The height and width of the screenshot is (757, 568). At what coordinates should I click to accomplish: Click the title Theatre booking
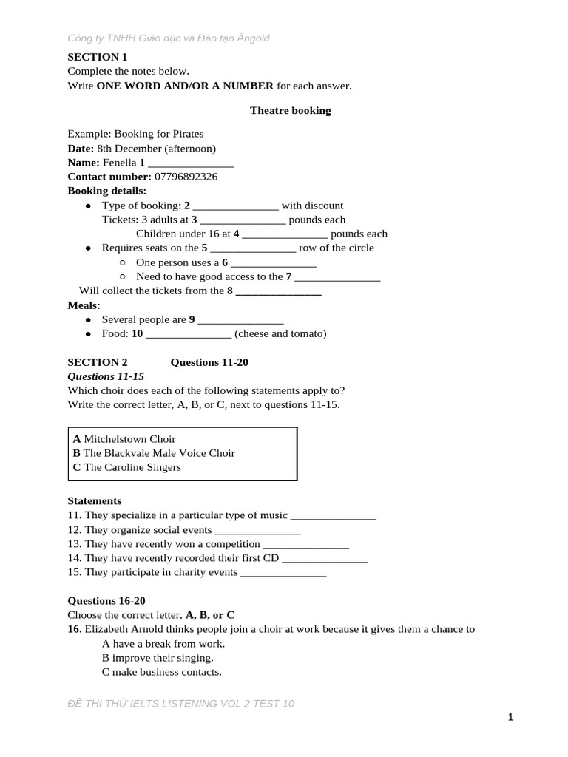pos(290,111)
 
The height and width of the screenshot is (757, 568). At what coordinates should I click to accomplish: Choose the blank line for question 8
pos(278,292)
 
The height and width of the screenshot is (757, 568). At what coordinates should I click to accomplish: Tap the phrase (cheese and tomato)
pos(280,334)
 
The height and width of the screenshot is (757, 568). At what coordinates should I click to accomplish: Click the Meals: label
pos(84,305)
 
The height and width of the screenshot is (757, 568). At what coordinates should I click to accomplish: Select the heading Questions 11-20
pos(209,362)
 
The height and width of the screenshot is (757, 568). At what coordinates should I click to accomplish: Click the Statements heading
pos(95,501)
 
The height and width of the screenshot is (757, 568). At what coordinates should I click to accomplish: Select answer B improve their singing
pos(158,658)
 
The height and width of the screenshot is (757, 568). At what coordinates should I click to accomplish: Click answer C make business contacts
pos(161,672)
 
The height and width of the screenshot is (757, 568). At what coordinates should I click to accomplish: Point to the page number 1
pos(511,717)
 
